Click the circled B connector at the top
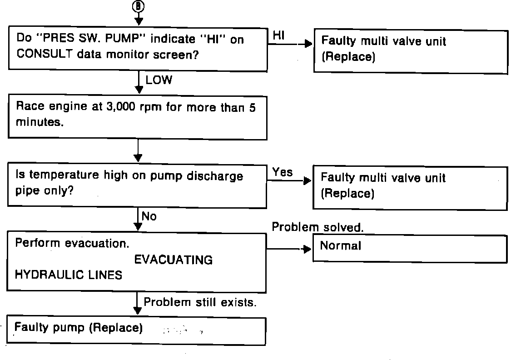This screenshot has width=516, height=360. (x=139, y=6)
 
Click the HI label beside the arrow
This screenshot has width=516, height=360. (x=279, y=36)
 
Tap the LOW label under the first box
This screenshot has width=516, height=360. (x=159, y=80)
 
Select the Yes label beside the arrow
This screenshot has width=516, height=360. (x=283, y=172)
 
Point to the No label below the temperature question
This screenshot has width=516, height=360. (x=149, y=216)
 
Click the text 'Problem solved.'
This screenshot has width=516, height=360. (x=318, y=227)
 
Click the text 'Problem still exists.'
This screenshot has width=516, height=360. (x=200, y=302)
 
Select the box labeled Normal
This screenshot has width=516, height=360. (x=410, y=248)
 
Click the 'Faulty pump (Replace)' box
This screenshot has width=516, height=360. (x=136, y=331)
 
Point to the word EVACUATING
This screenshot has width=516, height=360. (x=173, y=260)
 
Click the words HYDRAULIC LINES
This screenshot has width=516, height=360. (x=69, y=275)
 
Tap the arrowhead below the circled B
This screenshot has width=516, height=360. (x=139, y=21)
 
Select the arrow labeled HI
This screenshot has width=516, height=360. (x=291, y=44)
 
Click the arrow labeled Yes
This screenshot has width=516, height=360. (x=291, y=180)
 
